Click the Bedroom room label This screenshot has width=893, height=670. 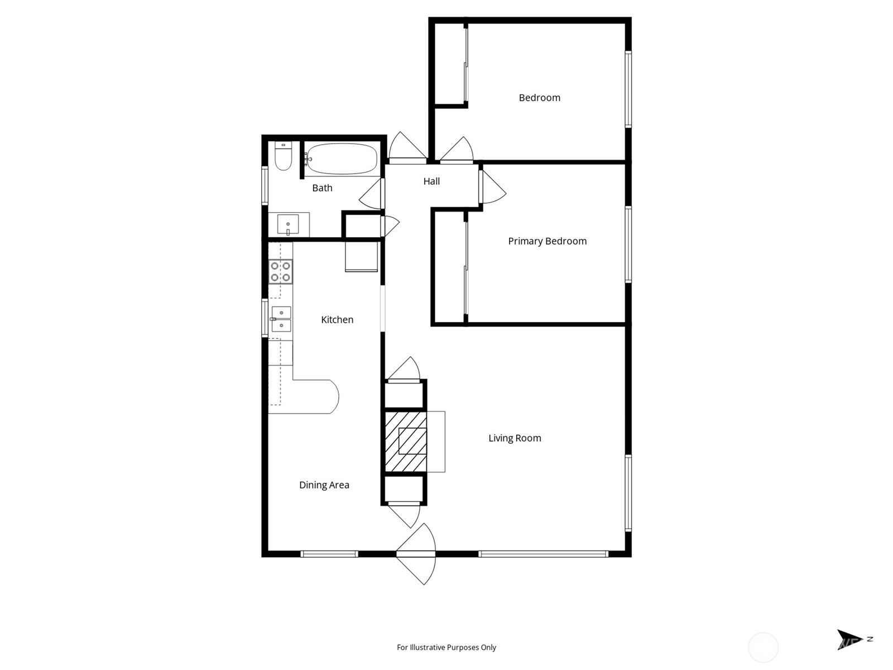(x=540, y=98)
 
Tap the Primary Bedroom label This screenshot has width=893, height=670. (x=547, y=241)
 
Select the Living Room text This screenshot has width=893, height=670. (x=515, y=438)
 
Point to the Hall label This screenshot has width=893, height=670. (x=431, y=181)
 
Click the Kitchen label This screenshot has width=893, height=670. (x=337, y=320)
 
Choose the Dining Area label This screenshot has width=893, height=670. (x=324, y=485)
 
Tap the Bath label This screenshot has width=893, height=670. (x=322, y=188)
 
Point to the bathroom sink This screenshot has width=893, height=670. (x=288, y=224)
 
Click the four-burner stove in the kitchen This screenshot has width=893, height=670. (x=280, y=271)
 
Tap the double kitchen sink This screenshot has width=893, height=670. (x=281, y=319)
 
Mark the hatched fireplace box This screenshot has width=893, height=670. (x=406, y=442)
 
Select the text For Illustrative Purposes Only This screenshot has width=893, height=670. (x=446, y=648)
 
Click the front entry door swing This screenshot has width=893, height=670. (x=416, y=554)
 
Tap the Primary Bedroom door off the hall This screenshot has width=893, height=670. (x=492, y=187)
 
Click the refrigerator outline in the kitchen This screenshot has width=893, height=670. (x=361, y=257)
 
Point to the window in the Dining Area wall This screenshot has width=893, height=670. (x=329, y=554)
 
